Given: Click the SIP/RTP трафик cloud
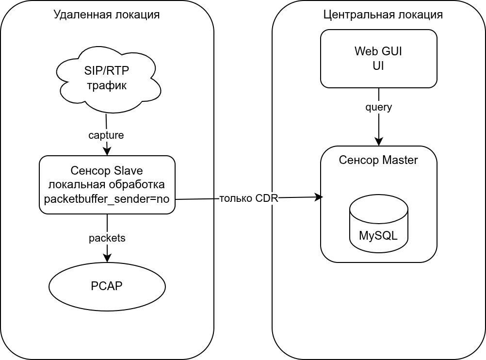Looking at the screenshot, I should (x=108, y=79).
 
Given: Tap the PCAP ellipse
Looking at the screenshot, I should (x=107, y=286).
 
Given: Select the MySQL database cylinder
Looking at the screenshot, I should (x=378, y=224).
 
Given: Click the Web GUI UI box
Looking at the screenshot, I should (x=378, y=59).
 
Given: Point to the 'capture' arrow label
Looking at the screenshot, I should (x=106, y=135).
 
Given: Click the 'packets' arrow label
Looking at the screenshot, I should (x=107, y=238).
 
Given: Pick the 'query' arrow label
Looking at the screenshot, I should (x=378, y=107).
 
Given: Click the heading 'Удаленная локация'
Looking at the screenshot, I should (x=107, y=15).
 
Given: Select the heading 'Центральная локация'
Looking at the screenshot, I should (x=383, y=15).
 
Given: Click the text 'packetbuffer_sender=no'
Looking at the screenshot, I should (x=107, y=198).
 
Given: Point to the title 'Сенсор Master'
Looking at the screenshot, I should (x=378, y=160).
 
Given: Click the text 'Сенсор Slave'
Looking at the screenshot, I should (x=107, y=170).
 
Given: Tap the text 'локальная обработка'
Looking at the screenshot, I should (x=107, y=184).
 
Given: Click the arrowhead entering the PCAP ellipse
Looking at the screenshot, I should (x=107, y=259).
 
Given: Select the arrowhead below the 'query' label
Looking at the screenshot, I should (x=379, y=142).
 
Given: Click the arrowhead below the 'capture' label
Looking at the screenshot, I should (x=107, y=151).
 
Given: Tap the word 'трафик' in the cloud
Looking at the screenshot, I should (x=107, y=86).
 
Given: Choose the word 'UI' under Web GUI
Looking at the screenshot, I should (x=378, y=66).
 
